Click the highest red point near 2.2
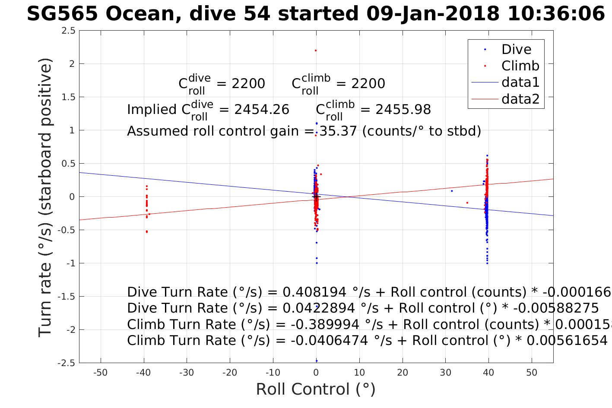[316, 51]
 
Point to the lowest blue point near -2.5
[316, 361]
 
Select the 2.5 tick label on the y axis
[68, 31]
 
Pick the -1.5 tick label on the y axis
[66, 297]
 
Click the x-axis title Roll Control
[316, 389]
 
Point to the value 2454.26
[262, 110]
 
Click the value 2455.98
[403, 110]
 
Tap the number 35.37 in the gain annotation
[338, 131]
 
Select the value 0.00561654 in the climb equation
[568, 341]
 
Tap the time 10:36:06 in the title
[556, 14]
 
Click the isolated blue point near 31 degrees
[452, 191]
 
